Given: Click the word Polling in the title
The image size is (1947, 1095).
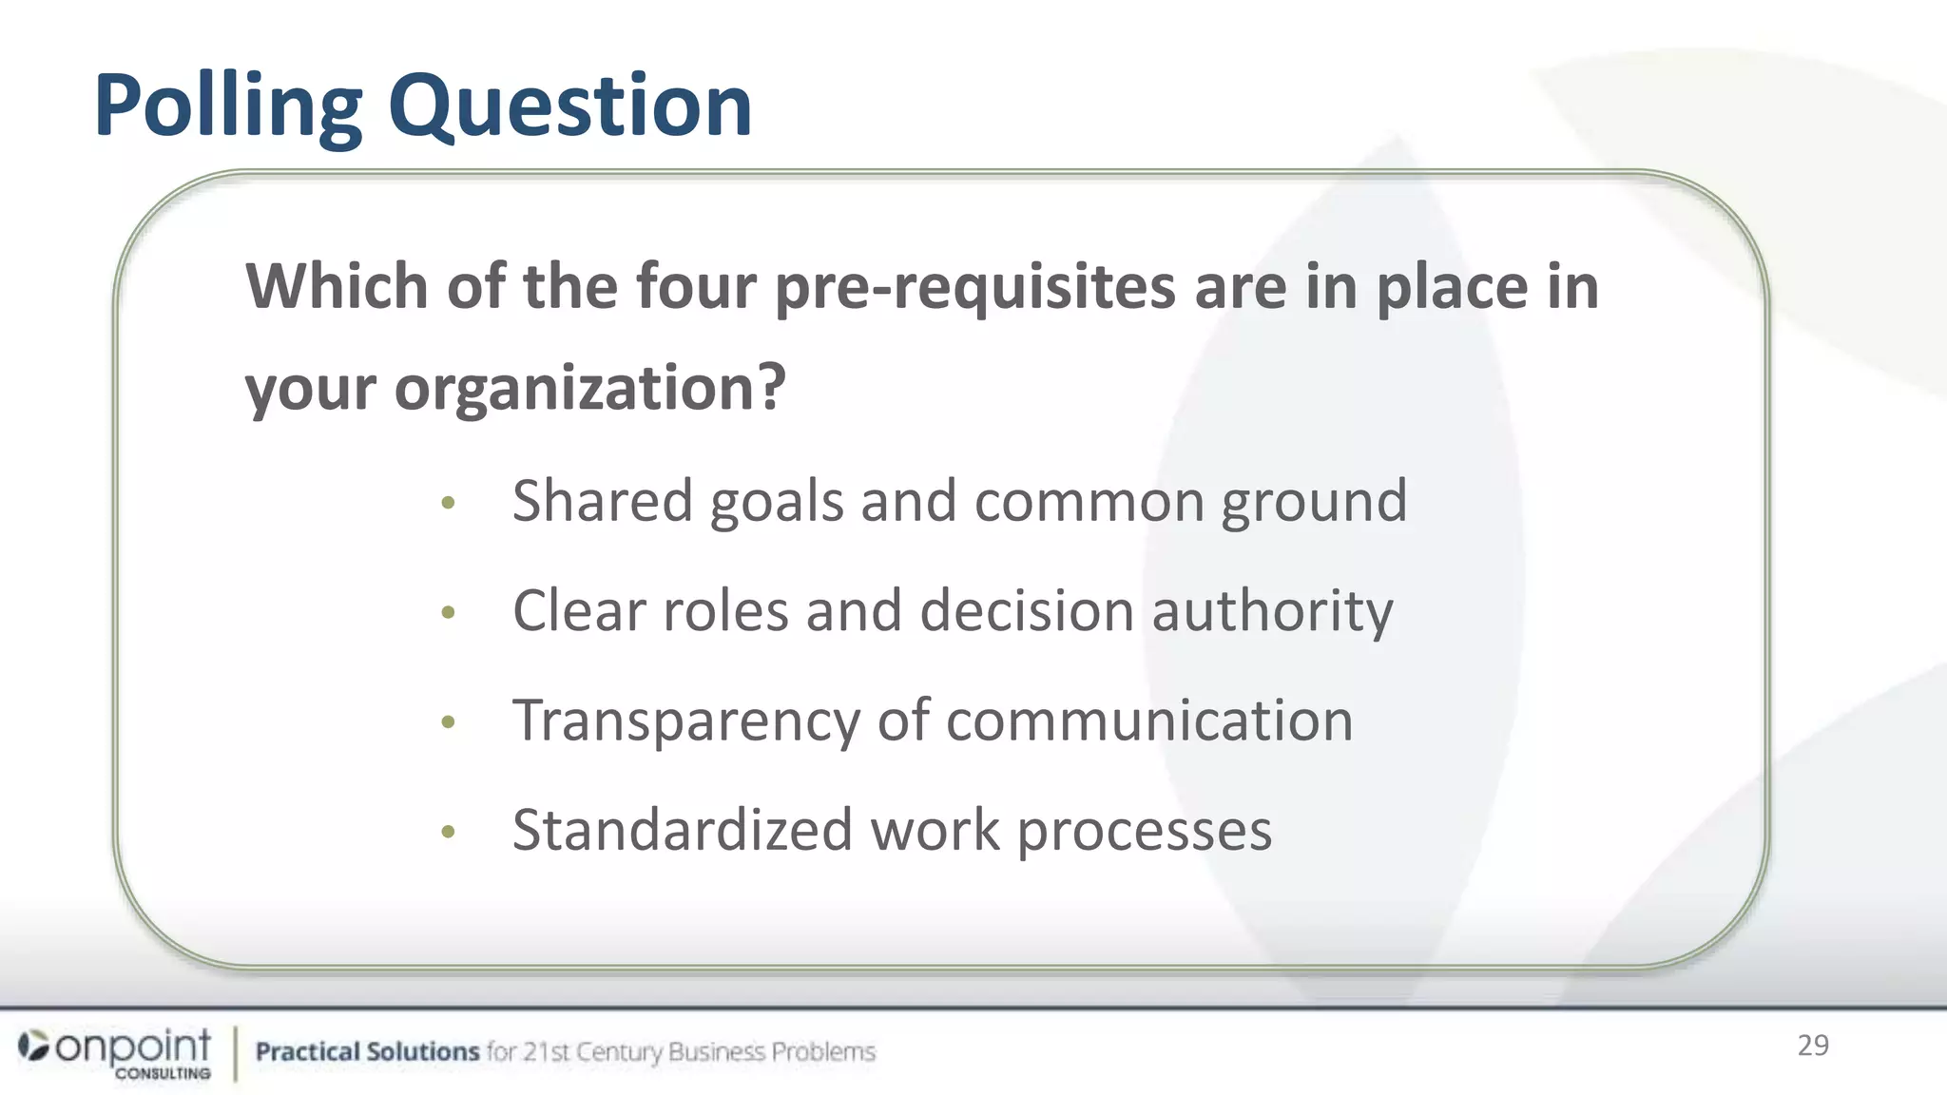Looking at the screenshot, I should click(x=228, y=106).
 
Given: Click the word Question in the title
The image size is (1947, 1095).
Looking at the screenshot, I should click(x=569, y=106).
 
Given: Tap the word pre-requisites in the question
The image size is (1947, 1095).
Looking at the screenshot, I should click(x=974, y=287).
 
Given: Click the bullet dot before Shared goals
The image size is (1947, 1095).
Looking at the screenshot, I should click(x=449, y=503).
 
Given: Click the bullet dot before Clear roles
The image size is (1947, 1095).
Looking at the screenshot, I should click(x=449, y=612).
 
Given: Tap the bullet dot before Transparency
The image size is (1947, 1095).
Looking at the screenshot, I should click(x=449, y=722).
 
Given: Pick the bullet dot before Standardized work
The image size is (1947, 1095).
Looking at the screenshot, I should click(x=449, y=833).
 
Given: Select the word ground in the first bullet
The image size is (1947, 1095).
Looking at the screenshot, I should click(x=1313, y=503).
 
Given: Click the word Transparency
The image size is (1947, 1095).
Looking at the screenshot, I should click(x=685, y=721).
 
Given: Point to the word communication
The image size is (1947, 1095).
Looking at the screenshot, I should click(x=1149, y=720).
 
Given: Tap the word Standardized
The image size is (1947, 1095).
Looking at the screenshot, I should click(x=683, y=830).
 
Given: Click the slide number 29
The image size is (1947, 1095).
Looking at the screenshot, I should click(x=1813, y=1046).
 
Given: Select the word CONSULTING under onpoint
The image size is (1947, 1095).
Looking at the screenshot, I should click(x=164, y=1073).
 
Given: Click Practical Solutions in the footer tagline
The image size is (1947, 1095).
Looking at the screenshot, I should click(x=367, y=1051).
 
